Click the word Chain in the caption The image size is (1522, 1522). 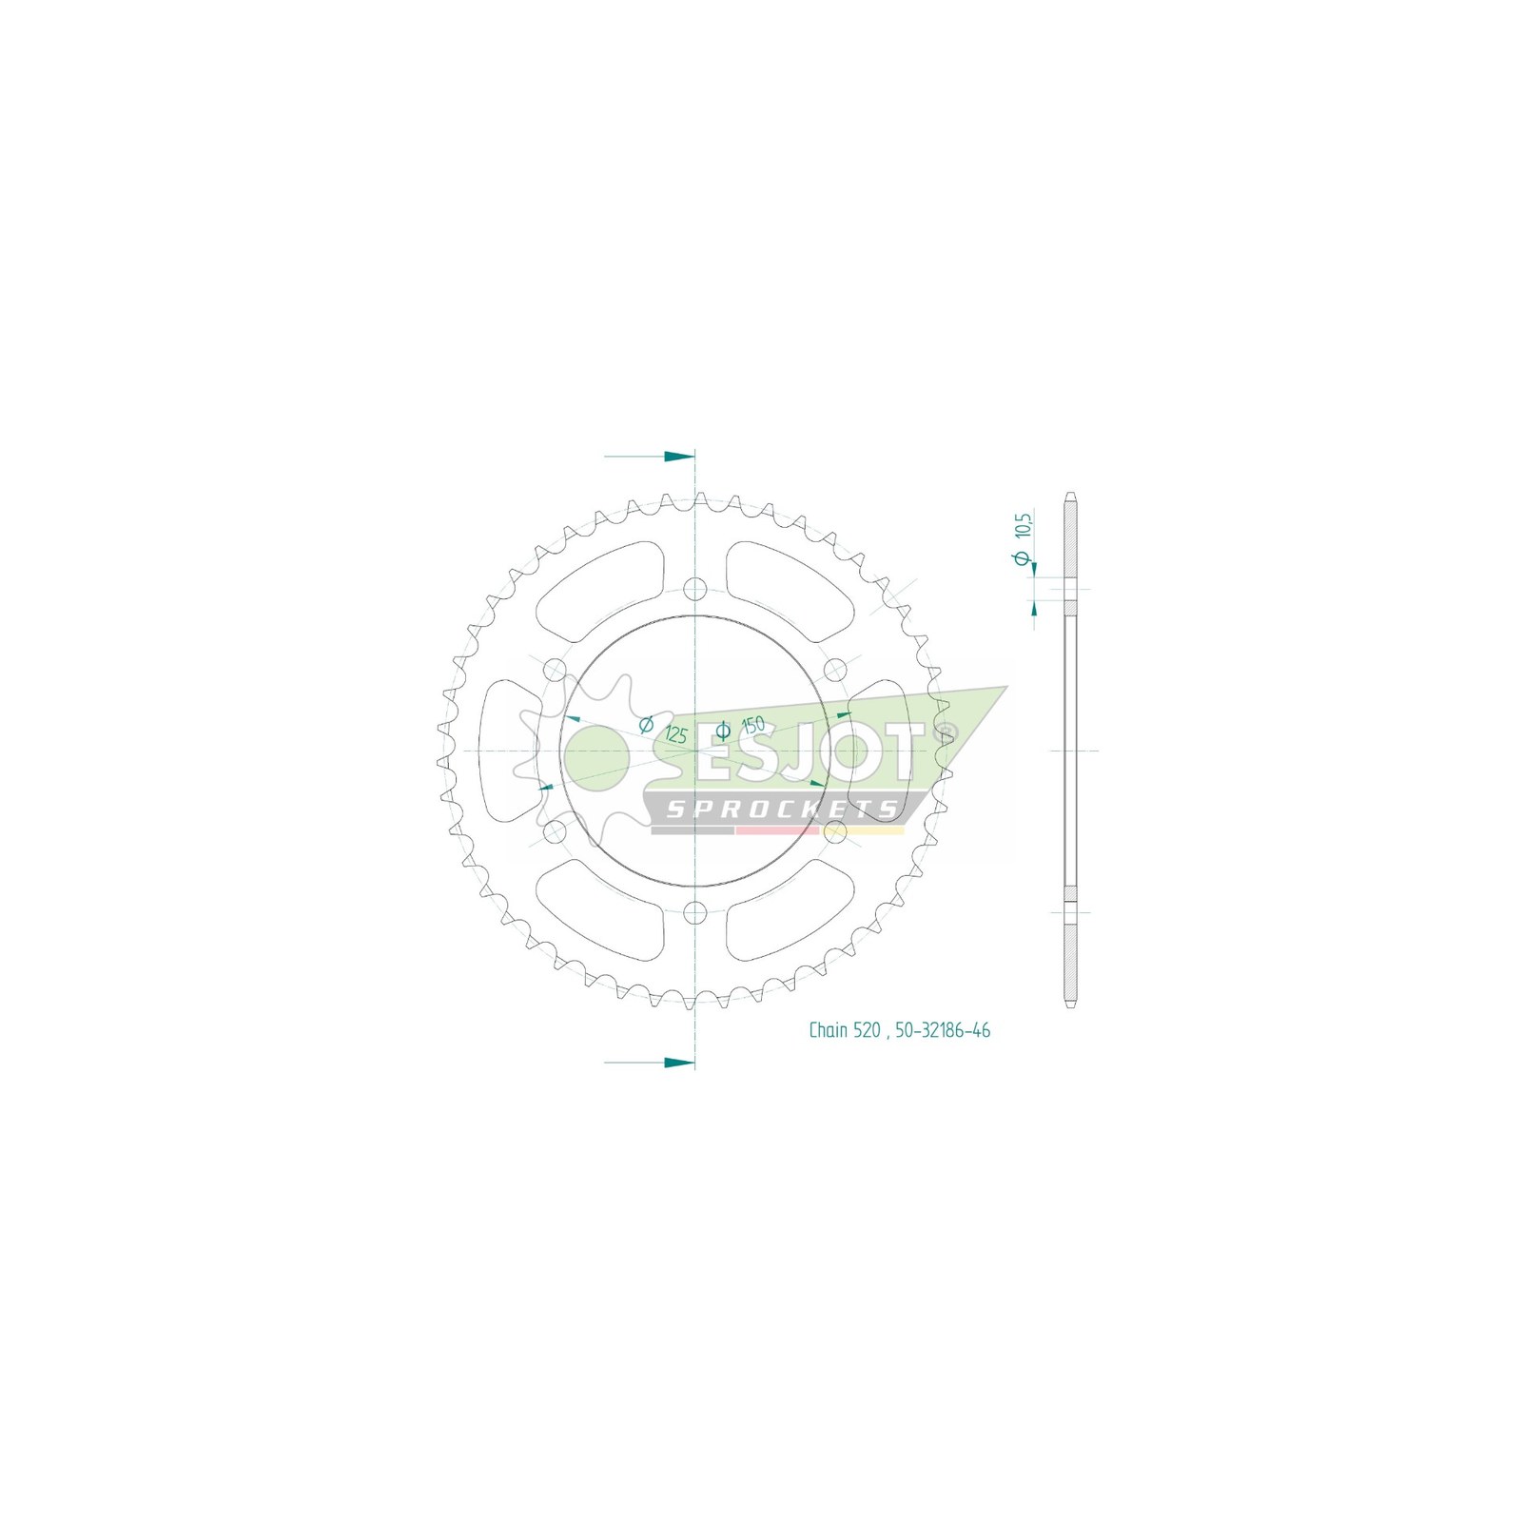point(828,1030)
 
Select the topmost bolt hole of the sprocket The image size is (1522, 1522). point(696,587)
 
